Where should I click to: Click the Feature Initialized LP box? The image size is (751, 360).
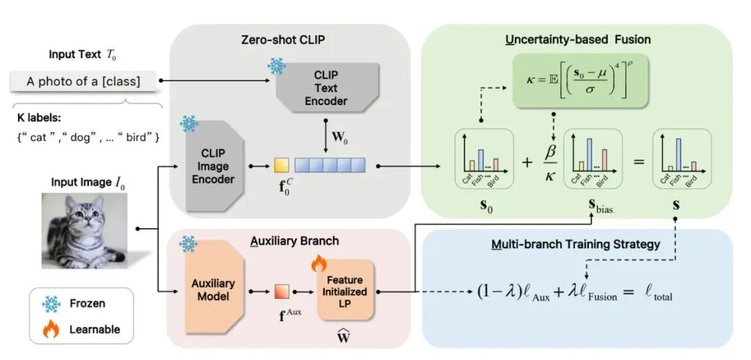tap(346, 291)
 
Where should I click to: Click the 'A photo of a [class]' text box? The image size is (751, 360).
tap(83, 81)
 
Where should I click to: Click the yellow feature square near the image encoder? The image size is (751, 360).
tap(281, 165)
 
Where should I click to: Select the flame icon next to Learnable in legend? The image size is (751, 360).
tap(51, 329)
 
